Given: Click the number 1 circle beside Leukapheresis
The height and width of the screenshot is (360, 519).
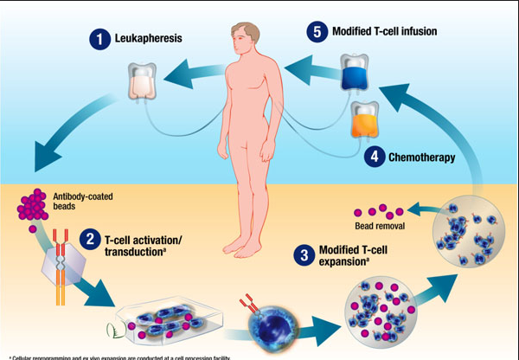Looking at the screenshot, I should click(100, 39).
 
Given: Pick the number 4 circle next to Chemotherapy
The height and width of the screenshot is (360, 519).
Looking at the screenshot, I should click(374, 157).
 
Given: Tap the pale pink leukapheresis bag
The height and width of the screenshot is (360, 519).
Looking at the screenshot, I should click(140, 81).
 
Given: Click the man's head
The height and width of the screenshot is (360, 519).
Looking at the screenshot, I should click(240, 38).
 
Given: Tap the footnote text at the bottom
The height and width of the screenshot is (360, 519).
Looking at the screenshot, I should click(130, 357).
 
